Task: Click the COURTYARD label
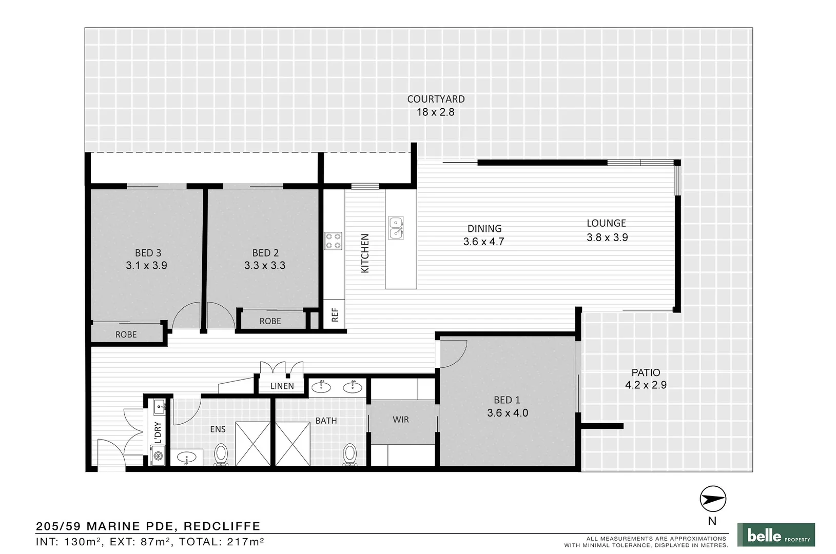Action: [436, 99]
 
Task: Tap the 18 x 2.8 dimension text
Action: [435, 112]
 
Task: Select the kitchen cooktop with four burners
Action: [333, 241]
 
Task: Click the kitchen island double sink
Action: [395, 228]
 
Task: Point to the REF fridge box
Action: [335, 314]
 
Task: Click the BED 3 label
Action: [148, 252]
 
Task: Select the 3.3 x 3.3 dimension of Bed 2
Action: [265, 265]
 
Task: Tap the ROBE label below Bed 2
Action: [270, 321]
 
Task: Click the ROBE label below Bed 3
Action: [126, 334]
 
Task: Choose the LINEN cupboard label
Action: [282, 386]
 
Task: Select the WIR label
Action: [401, 420]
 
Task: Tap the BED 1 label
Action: [507, 400]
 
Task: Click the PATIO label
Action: [646, 372]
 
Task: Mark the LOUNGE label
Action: [606, 223]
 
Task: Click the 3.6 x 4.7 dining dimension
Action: [483, 242]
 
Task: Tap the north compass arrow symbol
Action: [713, 499]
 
